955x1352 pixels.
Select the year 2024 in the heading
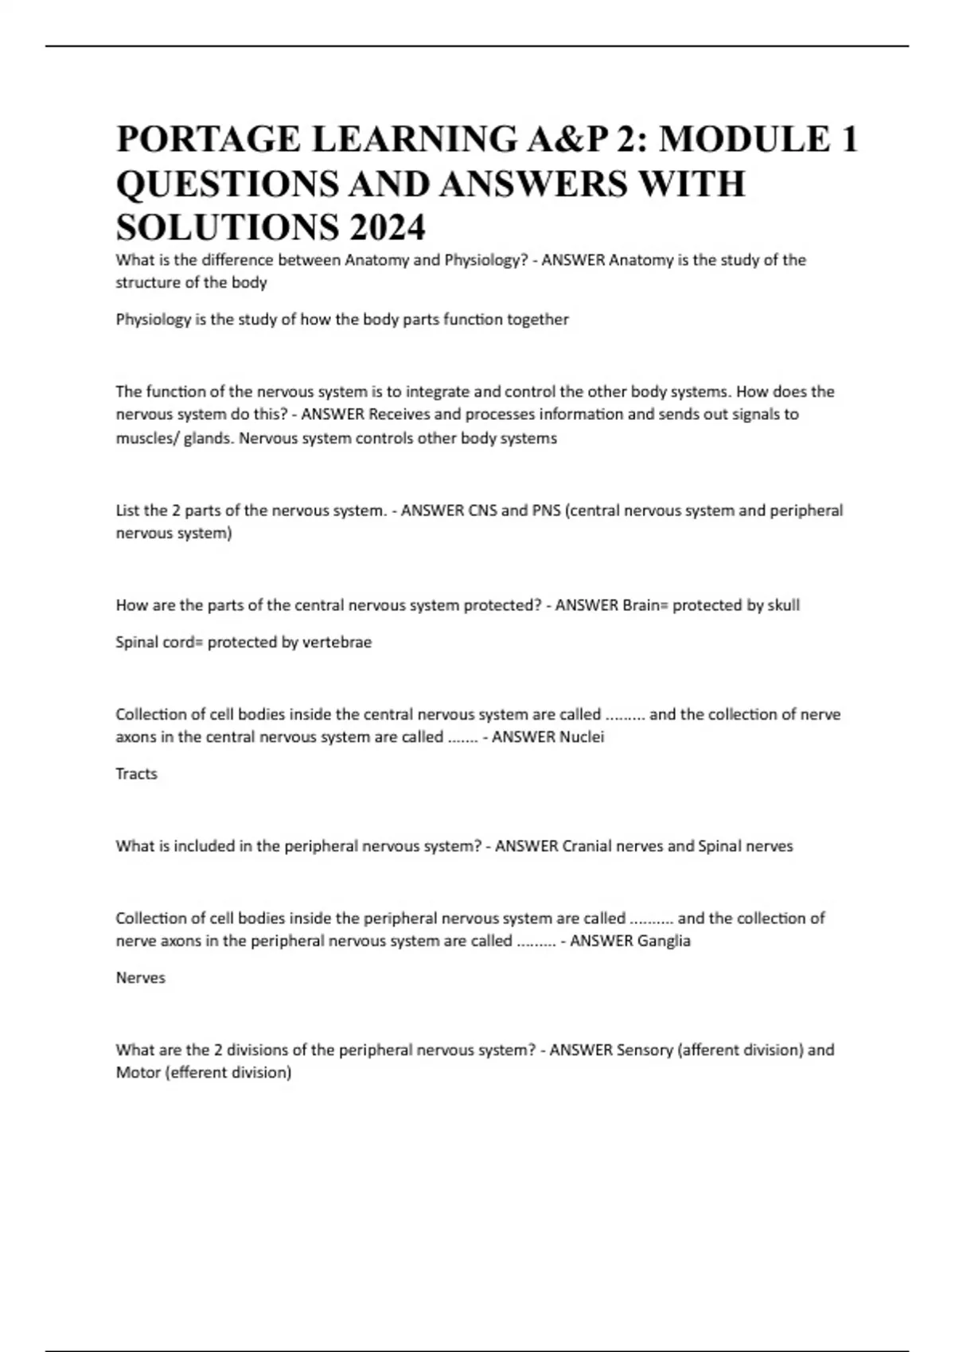pos(386,229)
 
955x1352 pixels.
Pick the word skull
pos(783,605)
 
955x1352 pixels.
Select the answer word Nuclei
pos(582,736)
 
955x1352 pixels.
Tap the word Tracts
pos(137,774)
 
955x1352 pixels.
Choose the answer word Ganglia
pos(664,941)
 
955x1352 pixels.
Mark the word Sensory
pos(645,1050)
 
